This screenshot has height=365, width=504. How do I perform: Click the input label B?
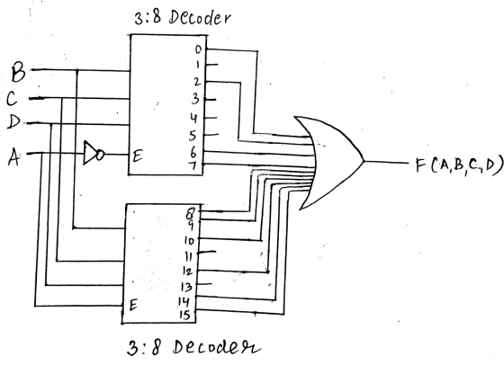click(18, 73)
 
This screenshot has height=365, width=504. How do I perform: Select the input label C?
click(12, 99)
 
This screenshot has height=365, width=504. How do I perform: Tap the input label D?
click(13, 122)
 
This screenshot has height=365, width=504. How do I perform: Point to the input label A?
click(13, 157)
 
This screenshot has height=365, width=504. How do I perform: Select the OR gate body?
click(331, 163)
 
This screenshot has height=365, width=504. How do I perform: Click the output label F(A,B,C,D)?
click(459, 165)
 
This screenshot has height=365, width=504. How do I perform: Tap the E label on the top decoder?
click(138, 156)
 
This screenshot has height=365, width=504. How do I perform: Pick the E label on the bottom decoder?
click(133, 305)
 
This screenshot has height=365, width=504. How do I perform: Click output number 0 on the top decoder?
click(199, 49)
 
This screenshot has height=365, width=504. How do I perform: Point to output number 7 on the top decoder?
click(192, 166)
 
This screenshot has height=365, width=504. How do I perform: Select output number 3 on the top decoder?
click(195, 99)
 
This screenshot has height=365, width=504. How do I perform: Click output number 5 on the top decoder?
click(193, 136)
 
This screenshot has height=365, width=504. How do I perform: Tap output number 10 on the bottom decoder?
click(189, 240)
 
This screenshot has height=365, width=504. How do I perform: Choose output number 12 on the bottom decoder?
click(187, 272)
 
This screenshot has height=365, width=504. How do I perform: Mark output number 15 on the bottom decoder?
click(184, 316)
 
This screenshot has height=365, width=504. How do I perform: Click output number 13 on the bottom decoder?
click(187, 287)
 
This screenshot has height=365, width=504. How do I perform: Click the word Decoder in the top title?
click(199, 18)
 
